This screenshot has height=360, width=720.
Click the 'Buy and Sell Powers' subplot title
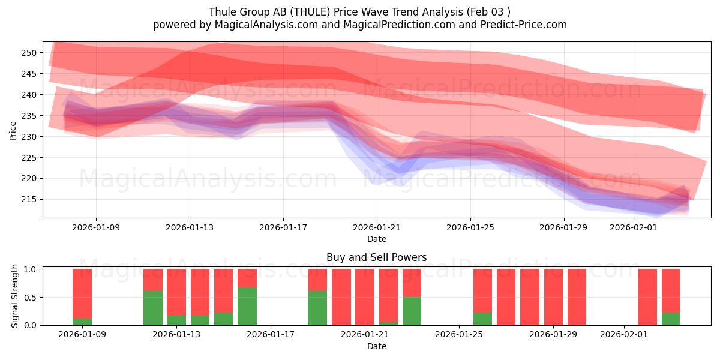376,257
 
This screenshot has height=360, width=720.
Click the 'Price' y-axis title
13,130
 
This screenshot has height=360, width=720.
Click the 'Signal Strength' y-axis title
16,296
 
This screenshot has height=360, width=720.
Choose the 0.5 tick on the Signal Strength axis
29,297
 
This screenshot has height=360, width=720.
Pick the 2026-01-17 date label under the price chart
283,227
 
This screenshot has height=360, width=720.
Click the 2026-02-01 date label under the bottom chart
625,335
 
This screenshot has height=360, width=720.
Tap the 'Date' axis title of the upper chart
376,239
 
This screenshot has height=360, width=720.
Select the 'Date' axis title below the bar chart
376,346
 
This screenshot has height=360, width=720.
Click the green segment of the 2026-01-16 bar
247,306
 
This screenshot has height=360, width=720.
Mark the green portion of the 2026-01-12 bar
153,308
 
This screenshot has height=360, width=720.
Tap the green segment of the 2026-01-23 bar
412,311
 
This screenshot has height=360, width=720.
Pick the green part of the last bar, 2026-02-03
671,319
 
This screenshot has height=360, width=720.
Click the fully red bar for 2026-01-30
577,297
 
